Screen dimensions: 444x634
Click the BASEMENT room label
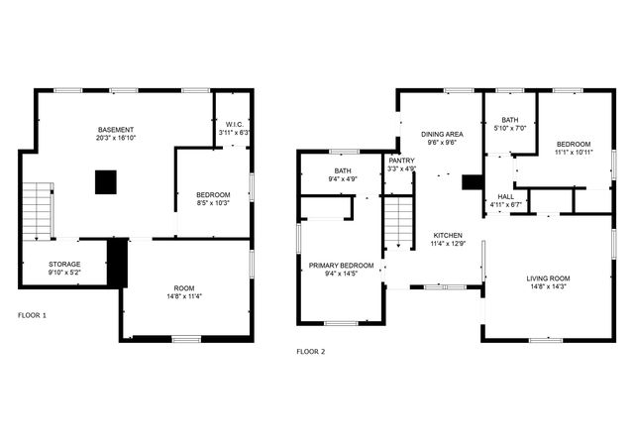point(116,130)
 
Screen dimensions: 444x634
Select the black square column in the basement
point(106,181)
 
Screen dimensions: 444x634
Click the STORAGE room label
point(65,265)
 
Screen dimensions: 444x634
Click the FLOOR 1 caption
point(32,315)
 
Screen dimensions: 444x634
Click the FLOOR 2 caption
point(311,351)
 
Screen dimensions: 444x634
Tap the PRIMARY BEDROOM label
point(341,265)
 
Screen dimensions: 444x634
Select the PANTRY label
point(401,160)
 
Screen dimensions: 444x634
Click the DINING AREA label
point(442,134)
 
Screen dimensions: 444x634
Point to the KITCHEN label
point(448,234)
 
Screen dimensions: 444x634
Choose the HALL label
point(505,196)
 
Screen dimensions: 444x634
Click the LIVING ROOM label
point(548,277)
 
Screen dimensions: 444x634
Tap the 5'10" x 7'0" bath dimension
point(509,128)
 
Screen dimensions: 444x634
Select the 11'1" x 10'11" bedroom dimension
point(574,152)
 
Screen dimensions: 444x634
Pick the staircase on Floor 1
point(36,211)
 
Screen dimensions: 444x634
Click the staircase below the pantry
point(396,222)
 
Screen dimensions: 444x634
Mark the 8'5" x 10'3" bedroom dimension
point(213,202)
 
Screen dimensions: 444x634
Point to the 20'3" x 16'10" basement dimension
point(116,139)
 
